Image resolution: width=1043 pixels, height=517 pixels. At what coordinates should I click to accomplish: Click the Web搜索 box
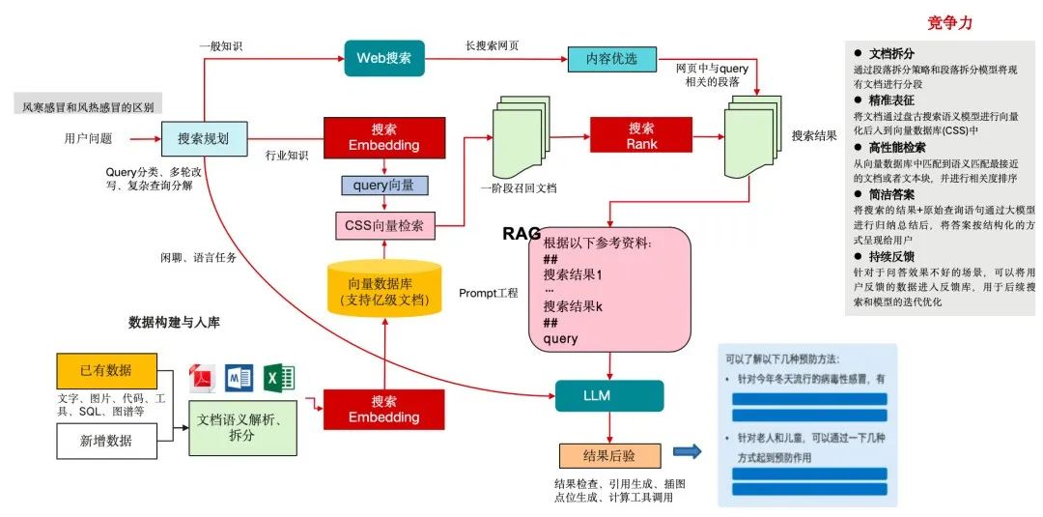pos(384,58)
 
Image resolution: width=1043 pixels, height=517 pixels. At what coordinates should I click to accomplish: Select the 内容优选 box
pos(611,59)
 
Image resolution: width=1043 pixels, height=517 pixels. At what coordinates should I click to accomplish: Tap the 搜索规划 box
pos(203,139)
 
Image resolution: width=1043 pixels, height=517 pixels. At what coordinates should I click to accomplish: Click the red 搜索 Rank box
pos(641,135)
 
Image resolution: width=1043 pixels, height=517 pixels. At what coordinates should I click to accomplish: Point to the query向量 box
pos(384,185)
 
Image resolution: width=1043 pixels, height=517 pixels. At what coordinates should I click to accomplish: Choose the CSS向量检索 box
pos(384,226)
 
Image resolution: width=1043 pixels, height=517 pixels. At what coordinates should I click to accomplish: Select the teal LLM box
pos(609,395)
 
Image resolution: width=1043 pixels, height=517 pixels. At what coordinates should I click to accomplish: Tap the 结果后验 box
pos(609,455)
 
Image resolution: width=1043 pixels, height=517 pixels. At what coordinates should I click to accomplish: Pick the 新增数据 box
pos(105,441)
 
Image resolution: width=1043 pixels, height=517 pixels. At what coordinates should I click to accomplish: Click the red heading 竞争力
pos(949,22)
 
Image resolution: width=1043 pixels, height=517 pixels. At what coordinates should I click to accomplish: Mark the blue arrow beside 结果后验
pos(687,451)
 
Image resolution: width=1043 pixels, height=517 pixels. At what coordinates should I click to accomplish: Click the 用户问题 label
pos(88,137)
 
